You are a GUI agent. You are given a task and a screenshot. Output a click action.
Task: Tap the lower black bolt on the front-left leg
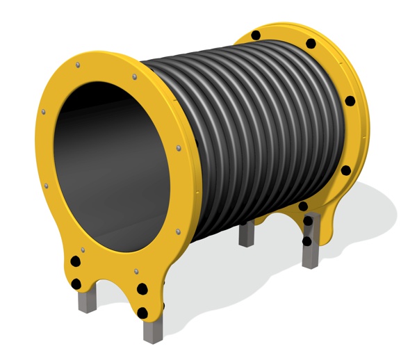[x=76, y=283]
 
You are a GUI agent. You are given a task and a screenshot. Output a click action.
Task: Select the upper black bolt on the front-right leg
[x=142, y=288]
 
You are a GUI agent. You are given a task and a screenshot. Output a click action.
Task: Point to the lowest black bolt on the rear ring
[x=306, y=241]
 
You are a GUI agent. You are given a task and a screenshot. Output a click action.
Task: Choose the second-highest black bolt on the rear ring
[x=311, y=44]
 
